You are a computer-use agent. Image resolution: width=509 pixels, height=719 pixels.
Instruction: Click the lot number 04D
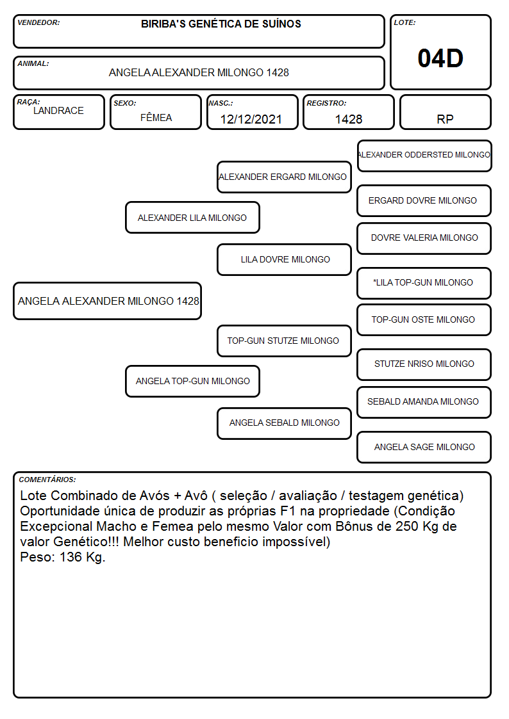coord(440,58)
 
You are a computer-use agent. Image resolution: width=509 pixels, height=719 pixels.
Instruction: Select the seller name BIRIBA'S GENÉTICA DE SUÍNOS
coord(221,24)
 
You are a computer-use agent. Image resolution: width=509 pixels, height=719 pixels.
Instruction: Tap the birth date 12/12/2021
coord(251,119)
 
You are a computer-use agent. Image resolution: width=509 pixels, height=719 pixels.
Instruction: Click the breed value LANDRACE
coord(58,111)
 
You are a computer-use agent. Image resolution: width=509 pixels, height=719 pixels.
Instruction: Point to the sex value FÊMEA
coord(156,117)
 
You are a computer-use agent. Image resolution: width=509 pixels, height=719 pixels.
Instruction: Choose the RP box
coord(445,112)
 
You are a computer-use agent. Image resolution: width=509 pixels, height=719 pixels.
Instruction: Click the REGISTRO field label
coord(326,103)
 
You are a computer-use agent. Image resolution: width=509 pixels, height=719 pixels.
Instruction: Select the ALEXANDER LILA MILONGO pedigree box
coord(192,217)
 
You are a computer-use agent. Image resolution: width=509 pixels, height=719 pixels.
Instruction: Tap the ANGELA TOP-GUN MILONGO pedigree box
coord(192,381)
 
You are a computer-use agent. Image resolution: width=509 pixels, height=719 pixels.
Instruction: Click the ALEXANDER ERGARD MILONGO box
coord(284,177)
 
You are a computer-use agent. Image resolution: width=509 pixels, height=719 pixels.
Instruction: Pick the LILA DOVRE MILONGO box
coord(284,259)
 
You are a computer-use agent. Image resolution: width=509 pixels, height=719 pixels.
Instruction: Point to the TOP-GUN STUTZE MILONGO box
coord(284,341)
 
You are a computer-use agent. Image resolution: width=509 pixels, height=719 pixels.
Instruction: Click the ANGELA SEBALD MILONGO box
coord(284,423)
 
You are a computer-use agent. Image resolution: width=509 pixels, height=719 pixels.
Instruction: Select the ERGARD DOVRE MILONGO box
coord(424,200)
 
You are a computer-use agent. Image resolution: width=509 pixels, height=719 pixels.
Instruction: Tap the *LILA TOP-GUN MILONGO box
coord(424,283)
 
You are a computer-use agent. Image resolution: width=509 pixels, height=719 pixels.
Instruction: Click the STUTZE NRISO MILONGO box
coord(424,364)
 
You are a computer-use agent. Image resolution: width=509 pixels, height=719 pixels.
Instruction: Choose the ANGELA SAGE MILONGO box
coord(424,447)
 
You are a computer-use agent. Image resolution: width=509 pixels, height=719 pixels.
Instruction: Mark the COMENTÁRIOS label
coord(47,480)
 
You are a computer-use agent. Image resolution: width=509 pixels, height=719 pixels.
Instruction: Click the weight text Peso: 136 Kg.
coord(63,557)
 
